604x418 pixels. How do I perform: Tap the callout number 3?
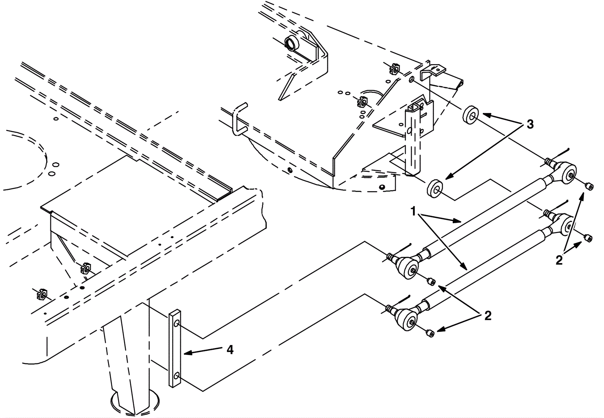point(530,124)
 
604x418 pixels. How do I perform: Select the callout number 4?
point(230,350)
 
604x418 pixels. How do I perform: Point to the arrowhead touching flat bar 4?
point(186,353)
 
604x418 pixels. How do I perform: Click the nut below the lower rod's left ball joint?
point(429,332)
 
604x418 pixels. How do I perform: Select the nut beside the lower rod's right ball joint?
point(587,238)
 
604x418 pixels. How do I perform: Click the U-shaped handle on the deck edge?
point(239,118)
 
